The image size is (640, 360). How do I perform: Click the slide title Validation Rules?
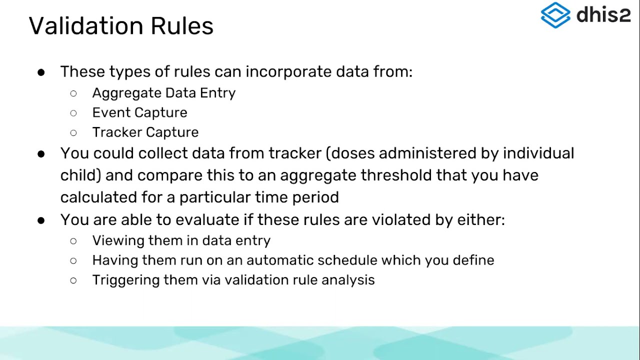[121, 25]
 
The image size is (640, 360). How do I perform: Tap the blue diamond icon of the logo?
[555, 14]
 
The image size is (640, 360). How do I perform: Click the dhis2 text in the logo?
[603, 15]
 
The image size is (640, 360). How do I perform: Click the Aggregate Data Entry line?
[163, 93]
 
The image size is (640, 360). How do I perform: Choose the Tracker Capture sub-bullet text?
[145, 132]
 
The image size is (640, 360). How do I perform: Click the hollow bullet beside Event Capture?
[73, 113]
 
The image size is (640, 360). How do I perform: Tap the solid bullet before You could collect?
[41, 153]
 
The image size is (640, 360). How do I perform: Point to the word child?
[80, 175]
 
